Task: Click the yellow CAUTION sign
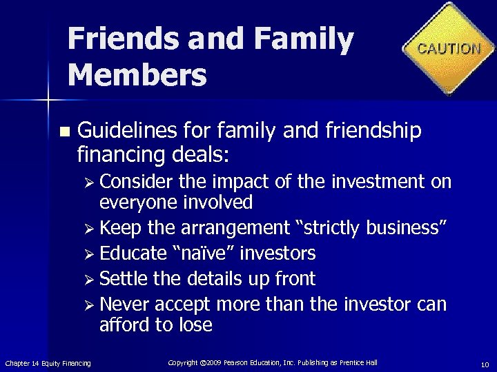(x=449, y=48)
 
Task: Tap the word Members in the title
(x=137, y=74)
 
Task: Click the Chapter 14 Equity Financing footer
(x=48, y=363)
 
